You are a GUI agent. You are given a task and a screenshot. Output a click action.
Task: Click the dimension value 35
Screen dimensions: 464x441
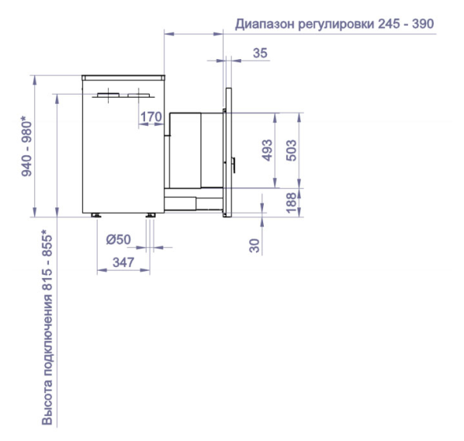coord(260,53)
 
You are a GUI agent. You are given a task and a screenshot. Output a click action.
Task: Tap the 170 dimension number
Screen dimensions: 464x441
coord(151,117)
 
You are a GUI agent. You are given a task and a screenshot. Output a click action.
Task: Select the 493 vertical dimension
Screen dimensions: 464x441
coord(268,150)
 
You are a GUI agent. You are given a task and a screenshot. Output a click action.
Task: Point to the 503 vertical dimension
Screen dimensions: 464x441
coord(292,150)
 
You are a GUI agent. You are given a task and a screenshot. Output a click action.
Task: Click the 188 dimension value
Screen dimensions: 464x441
coord(292,203)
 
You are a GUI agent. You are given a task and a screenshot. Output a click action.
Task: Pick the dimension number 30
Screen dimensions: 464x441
coord(255,245)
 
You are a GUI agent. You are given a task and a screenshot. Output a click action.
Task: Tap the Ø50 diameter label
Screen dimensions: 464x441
coord(119,239)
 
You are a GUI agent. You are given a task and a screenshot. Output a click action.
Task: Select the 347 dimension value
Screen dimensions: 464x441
coord(123,262)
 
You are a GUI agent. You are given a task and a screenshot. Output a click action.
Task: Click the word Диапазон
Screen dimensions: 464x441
coord(265,24)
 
